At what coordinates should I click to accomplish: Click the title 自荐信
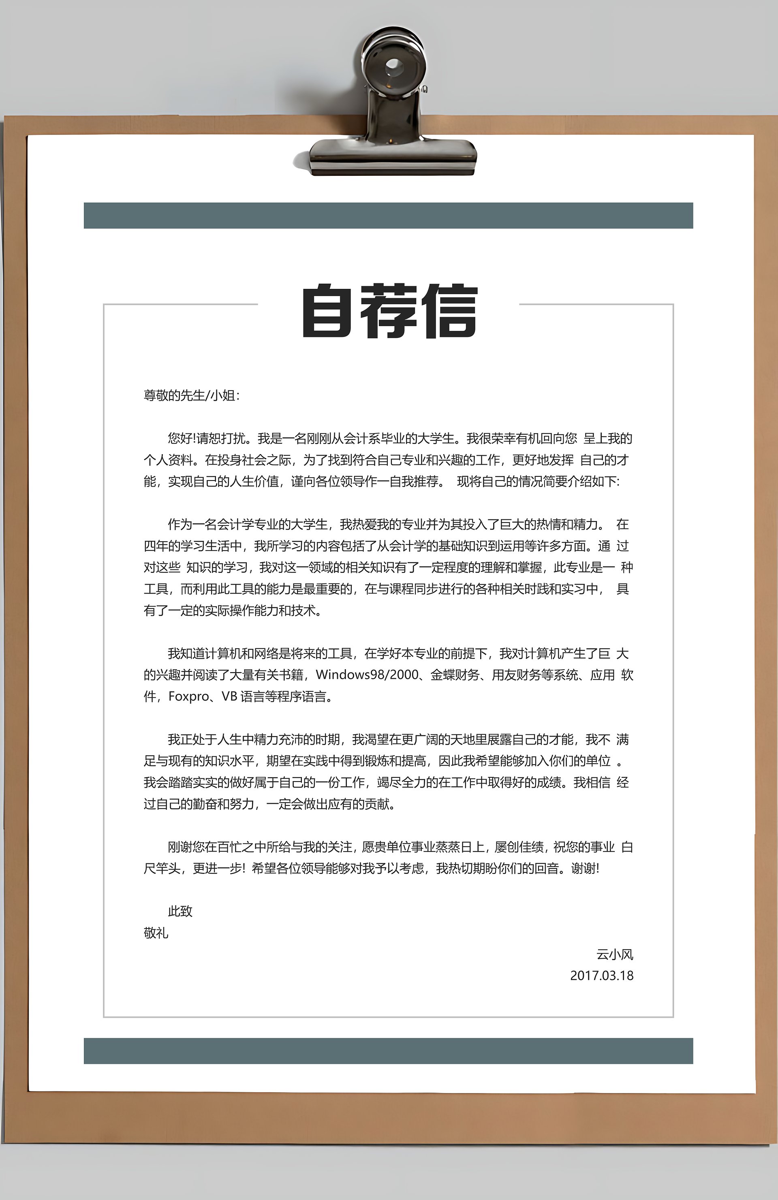389,311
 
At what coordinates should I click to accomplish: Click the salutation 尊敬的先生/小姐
191,395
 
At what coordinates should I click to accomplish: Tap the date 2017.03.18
601,975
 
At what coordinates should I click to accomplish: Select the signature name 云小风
615,954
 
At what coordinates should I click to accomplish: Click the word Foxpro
188,696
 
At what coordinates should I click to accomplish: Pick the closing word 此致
180,911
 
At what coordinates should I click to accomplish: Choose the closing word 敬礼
156,933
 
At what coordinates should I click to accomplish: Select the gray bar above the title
388,215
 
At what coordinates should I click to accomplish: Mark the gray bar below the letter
388,1051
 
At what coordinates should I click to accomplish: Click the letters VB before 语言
229,696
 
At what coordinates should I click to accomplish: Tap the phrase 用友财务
516,675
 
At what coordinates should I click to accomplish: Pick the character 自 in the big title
326,311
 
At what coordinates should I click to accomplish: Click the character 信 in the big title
450,311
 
